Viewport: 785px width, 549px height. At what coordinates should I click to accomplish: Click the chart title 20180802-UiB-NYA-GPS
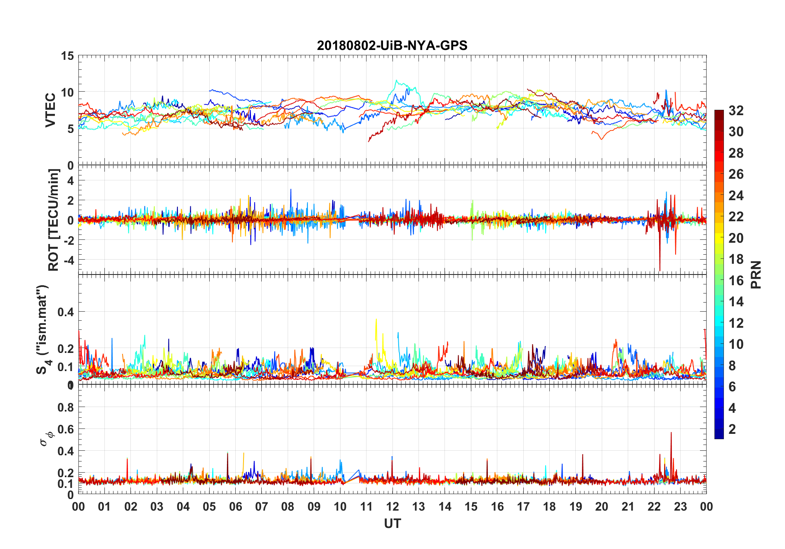(x=392, y=45)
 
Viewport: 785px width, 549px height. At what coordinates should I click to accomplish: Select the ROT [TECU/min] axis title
(x=54, y=220)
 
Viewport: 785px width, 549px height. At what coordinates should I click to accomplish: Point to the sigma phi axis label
(x=46, y=438)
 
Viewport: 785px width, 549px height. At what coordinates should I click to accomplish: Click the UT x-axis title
(x=392, y=524)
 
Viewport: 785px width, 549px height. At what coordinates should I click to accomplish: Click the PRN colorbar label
(x=756, y=274)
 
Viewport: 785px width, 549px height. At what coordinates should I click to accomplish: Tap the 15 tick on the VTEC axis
(x=67, y=56)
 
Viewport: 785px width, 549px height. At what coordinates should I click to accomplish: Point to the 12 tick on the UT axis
(x=392, y=506)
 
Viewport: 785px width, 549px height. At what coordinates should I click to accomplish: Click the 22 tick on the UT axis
(x=654, y=506)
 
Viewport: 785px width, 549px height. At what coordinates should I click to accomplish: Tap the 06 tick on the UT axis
(x=235, y=506)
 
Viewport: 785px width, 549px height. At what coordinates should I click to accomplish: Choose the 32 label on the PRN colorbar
(x=736, y=111)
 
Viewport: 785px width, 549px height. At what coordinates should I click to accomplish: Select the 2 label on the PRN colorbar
(x=732, y=429)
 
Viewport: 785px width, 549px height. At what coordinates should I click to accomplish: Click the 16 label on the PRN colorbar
(x=736, y=281)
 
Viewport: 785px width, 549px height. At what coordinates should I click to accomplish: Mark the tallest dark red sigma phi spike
(x=671, y=433)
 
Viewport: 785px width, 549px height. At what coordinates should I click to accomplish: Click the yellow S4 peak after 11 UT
(x=376, y=319)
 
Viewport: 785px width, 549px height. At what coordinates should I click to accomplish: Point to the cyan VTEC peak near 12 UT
(x=397, y=81)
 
